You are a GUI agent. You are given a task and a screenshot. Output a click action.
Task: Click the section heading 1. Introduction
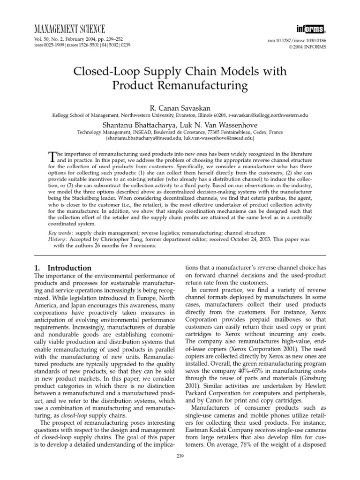click(64, 268)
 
